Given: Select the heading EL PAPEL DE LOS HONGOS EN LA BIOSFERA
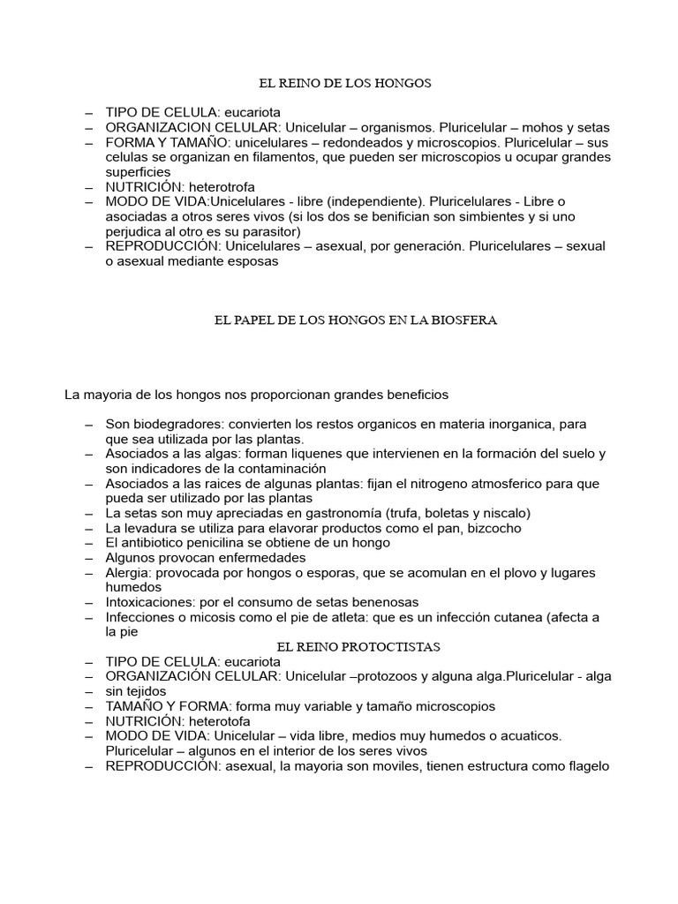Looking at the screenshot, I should tap(357, 320).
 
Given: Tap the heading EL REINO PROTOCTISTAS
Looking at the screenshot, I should tap(358, 647).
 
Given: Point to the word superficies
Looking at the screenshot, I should tap(140, 172).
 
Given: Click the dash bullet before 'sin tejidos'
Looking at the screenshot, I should tap(89, 691).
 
